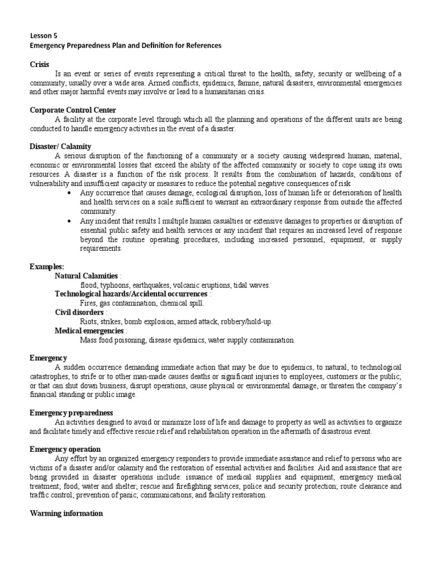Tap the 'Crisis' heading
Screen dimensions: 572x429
coord(40,65)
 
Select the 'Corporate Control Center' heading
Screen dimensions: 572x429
coord(73,110)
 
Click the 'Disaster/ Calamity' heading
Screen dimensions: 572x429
coord(60,146)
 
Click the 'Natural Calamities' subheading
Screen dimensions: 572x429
coord(87,276)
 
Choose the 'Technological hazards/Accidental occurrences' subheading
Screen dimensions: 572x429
coord(131,294)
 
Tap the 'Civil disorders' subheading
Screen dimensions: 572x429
coord(79,312)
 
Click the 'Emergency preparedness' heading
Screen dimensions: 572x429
coord(71,412)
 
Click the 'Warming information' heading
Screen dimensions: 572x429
coord(66,513)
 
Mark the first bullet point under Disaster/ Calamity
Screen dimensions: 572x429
coord(68,193)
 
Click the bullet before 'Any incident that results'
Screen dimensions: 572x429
coord(68,221)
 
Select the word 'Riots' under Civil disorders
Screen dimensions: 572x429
coord(88,322)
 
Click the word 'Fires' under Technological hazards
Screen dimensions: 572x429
coord(89,303)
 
